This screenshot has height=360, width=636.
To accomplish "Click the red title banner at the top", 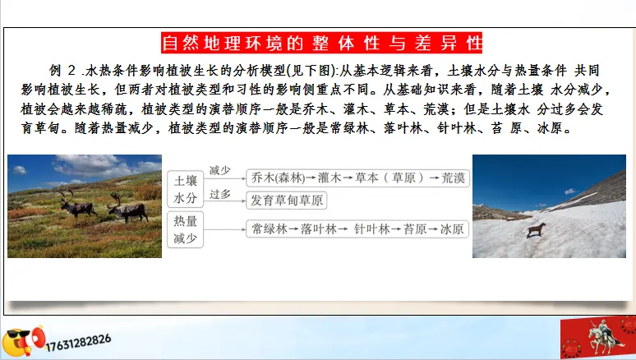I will pos(321,42).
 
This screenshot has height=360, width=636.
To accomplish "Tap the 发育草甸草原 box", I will pos(288,201).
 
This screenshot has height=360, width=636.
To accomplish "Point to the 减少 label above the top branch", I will pos(219,170).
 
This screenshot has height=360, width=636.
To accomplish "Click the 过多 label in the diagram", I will pos(219,195).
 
